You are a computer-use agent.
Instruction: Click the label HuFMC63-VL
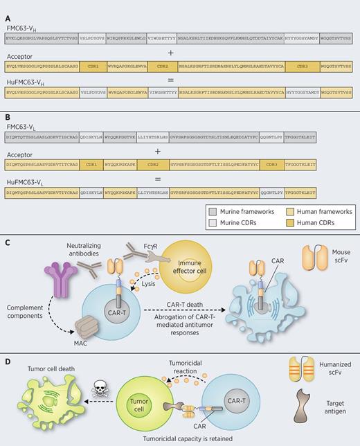[x=26, y=177]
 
